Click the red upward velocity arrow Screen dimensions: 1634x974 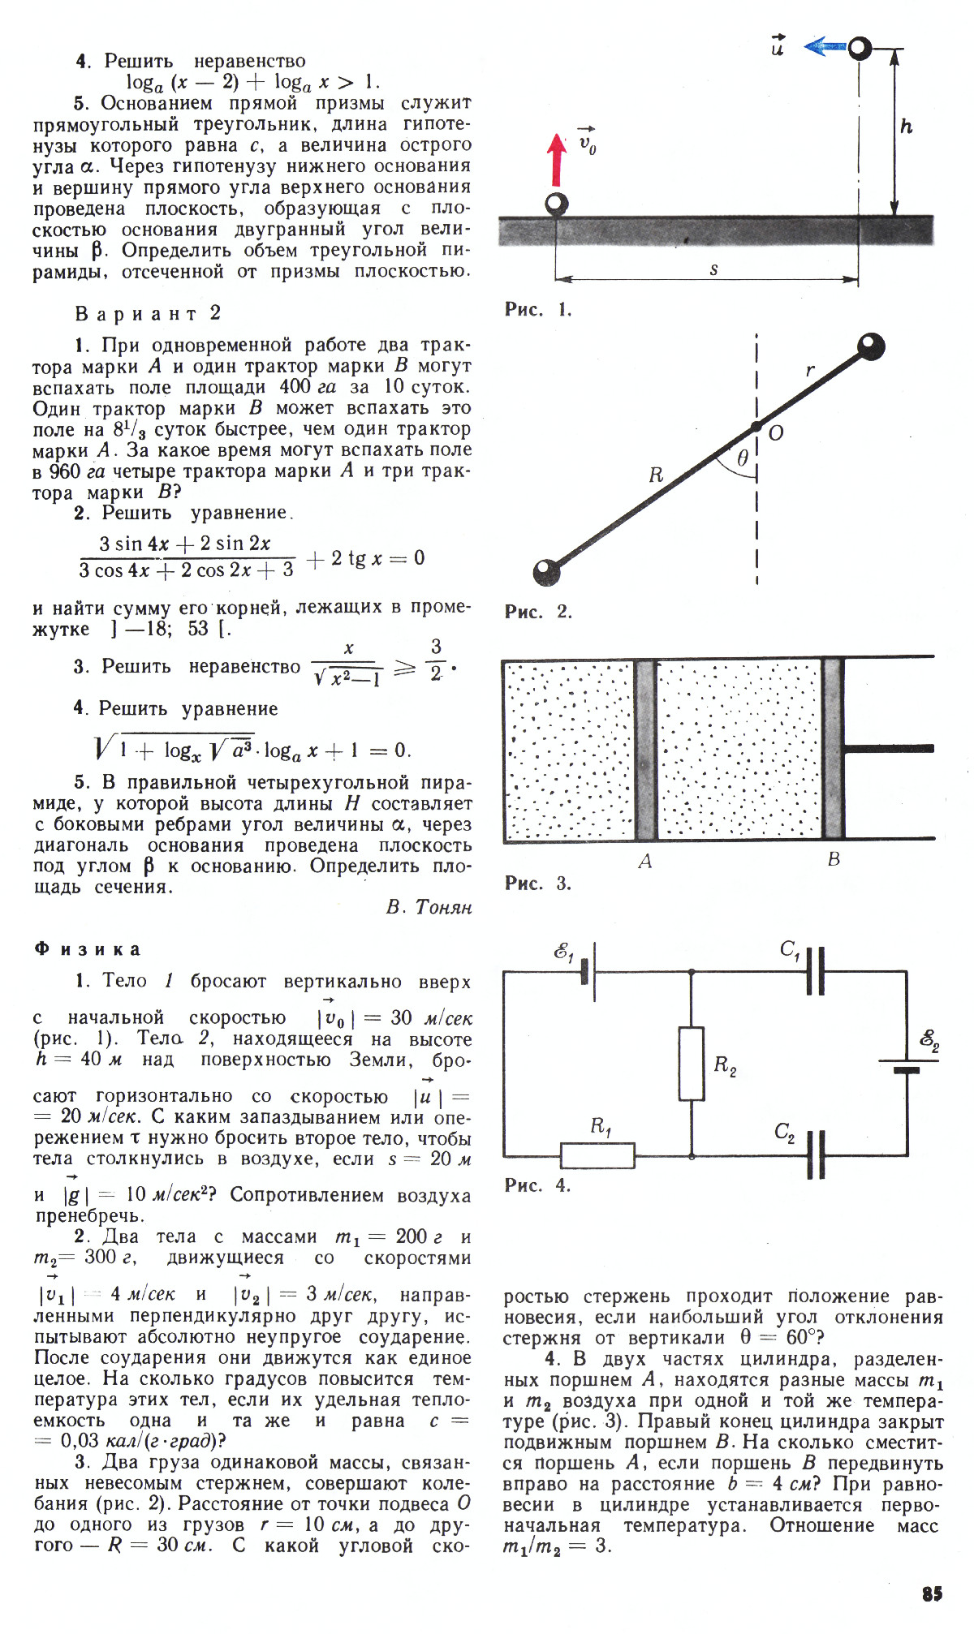point(557,161)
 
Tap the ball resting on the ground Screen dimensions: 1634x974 point(557,204)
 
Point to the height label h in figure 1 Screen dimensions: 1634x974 point(907,127)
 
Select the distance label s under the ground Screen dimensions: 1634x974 point(713,269)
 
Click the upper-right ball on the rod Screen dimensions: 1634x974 point(871,347)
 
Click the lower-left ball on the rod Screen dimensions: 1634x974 point(546,572)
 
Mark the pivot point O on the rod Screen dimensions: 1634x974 point(756,426)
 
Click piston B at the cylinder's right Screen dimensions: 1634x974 point(834,749)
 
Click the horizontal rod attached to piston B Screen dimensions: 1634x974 point(889,749)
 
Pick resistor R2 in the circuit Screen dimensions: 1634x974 point(692,1063)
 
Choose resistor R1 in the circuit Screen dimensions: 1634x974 point(598,1155)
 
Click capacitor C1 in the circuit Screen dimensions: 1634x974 point(816,970)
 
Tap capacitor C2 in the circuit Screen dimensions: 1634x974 point(816,1155)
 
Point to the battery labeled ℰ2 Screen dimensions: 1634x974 point(907,1064)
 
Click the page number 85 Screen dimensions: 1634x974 point(932,1593)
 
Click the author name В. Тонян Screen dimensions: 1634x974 point(429,907)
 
